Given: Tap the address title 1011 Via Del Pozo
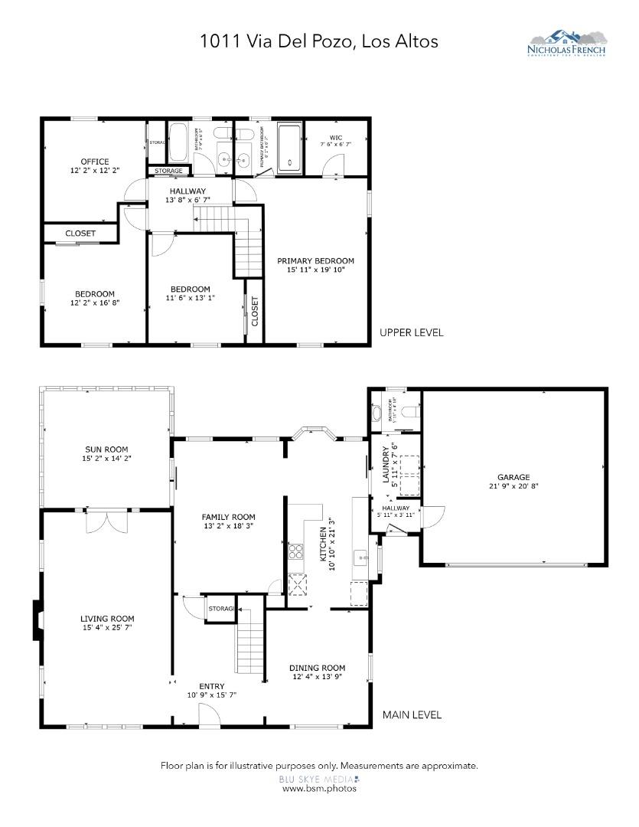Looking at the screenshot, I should (x=318, y=41).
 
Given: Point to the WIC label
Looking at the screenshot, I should (x=337, y=139).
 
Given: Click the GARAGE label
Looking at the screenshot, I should (x=513, y=477).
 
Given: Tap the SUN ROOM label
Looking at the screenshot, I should (x=106, y=449).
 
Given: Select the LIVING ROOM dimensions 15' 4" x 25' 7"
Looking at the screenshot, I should (x=107, y=629).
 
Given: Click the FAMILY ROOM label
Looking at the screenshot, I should (x=228, y=517).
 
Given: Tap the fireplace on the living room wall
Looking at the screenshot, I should (x=37, y=619).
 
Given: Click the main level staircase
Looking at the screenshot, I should (x=250, y=644).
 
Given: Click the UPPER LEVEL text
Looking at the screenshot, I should (x=412, y=332).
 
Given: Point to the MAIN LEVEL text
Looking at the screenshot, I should (x=412, y=714).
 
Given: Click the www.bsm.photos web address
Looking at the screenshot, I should (x=318, y=788).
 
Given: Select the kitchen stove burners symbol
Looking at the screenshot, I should (x=295, y=551).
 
